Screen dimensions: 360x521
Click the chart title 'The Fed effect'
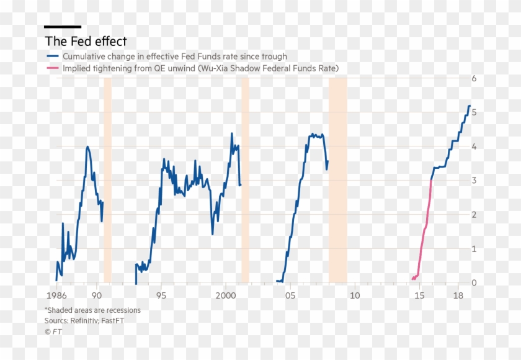(86, 42)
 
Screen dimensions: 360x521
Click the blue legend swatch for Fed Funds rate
(51, 56)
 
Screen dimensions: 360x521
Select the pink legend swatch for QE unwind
(51, 68)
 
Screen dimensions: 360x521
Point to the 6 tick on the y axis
(473, 79)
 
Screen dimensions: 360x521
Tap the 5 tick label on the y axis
(473, 113)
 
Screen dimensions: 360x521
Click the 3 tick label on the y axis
(473, 181)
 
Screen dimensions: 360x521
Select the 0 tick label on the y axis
(473, 283)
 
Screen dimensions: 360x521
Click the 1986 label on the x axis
(56, 295)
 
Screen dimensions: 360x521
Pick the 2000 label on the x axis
(226, 295)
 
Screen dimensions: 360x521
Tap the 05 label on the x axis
(290, 295)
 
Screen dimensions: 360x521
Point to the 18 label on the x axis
(458, 295)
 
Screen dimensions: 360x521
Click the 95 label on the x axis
(161, 295)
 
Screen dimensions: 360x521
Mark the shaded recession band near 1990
(107, 180)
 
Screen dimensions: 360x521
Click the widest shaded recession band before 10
(337, 180)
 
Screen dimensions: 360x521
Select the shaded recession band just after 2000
(245, 180)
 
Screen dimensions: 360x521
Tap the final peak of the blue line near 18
(469, 106)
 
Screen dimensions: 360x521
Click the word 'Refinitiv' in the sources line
(88, 321)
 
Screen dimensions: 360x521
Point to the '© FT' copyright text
(53, 331)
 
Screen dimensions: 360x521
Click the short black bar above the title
(63, 27)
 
